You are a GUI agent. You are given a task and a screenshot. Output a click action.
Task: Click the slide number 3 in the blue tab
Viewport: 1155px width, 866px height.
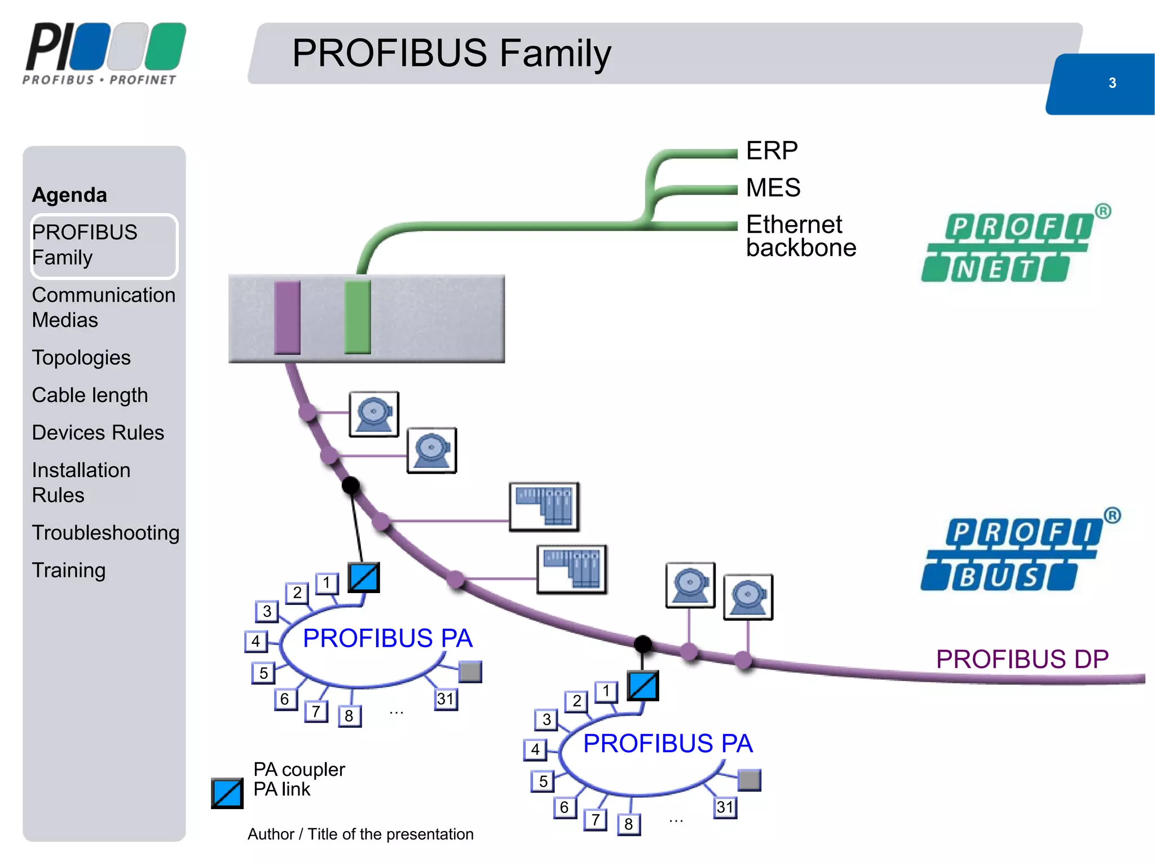point(1112,83)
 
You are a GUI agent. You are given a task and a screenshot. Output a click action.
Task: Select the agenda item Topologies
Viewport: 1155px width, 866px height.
point(81,357)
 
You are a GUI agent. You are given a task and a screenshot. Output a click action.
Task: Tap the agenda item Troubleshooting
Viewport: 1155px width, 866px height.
point(105,532)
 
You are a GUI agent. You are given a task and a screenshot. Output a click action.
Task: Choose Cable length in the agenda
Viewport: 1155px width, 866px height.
point(90,395)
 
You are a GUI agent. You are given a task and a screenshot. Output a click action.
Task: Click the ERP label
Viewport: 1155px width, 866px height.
point(772,151)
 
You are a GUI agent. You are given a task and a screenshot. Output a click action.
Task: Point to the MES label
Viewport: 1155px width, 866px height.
point(773,187)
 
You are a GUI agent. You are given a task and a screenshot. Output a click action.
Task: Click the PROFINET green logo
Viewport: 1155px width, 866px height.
point(1009,246)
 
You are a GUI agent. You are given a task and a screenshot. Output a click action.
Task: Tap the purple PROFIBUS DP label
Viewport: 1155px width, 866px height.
point(1022,659)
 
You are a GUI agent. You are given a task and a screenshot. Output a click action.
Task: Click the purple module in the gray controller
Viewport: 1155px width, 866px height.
point(287,317)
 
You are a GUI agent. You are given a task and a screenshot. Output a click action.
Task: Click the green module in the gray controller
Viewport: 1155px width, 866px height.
point(357,317)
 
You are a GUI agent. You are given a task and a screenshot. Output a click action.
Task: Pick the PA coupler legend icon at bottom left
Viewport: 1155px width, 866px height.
point(227,793)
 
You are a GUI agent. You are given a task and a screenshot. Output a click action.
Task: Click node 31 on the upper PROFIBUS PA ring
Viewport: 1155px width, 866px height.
point(446,699)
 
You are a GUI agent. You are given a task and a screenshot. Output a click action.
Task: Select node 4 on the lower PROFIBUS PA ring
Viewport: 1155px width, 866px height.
point(535,749)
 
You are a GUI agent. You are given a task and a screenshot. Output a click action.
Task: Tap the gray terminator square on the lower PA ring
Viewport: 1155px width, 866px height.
point(750,780)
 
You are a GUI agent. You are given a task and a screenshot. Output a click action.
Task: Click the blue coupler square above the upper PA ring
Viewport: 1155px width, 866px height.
point(364,577)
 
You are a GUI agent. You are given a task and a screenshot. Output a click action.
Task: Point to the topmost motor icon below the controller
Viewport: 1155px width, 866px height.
point(374,414)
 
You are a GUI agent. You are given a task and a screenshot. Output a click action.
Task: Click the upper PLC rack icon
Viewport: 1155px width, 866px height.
point(544,506)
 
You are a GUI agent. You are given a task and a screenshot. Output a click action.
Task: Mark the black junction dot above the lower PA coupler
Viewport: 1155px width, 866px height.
point(642,643)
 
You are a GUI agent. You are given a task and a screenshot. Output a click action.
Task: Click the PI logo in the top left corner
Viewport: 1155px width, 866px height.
point(105,54)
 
